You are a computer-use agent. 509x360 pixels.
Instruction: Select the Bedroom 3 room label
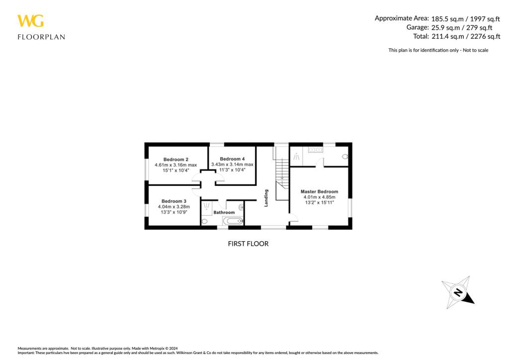(x=173, y=201)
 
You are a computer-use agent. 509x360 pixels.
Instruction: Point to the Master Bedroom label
(x=319, y=191)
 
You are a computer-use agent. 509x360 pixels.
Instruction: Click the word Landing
(x=266, y=197)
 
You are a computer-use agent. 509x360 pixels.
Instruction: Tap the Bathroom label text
(x=224, y=212)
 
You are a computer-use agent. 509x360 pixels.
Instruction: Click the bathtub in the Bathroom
(x=232, y=221)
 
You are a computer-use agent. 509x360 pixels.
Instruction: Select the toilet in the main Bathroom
(x=205, y=222)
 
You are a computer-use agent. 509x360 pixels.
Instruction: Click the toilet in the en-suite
(x=345, y=157)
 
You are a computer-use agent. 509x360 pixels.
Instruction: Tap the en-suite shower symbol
(x=296, y=157)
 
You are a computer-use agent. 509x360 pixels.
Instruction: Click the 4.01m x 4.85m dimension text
(x=319, y=197)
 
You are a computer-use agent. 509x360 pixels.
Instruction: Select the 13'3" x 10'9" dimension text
(x=173, y=212)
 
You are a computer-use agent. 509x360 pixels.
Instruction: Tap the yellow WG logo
(x=30, y=21)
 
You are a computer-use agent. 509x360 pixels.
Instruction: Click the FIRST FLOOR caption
(x=248, y=244)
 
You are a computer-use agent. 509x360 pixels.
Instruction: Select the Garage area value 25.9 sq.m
(x=441, y=27)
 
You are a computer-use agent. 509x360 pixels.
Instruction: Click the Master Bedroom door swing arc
(x=293, y=216)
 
